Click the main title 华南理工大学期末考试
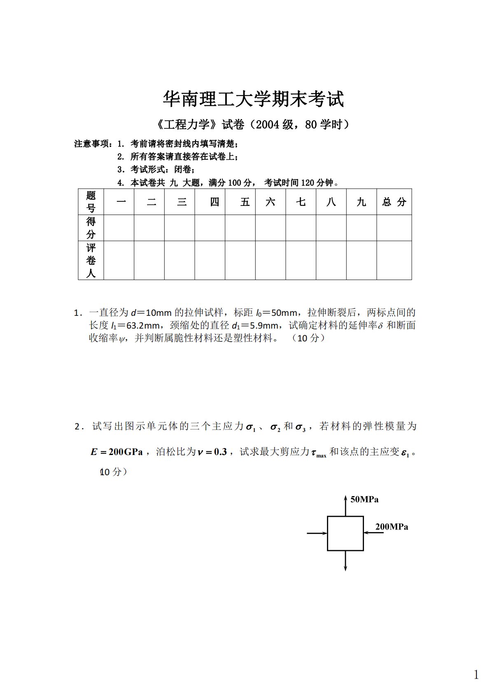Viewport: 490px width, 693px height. point(253,99)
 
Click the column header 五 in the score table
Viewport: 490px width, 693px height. point(245,202)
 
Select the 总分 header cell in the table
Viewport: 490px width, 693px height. point(394,202)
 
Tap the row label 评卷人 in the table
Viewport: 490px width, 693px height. point(91,260)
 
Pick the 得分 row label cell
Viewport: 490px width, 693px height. point(91,228)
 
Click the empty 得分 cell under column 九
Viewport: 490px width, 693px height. point(361,228)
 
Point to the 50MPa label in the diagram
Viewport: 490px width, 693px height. point(364,499)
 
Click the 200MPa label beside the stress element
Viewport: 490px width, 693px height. point(392,527)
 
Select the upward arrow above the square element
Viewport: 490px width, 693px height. point(345,505)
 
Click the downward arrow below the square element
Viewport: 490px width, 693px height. point(345,561)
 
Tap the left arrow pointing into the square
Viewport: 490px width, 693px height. point(317,533)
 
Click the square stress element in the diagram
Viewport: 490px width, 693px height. point(345,533)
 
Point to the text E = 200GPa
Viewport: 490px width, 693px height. point(117,452)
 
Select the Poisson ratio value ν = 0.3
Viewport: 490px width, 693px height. point(212,452)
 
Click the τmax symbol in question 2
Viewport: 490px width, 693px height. point(319,453)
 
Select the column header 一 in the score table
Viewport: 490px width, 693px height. point(121,202)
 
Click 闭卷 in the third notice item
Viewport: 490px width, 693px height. point(184,169)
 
